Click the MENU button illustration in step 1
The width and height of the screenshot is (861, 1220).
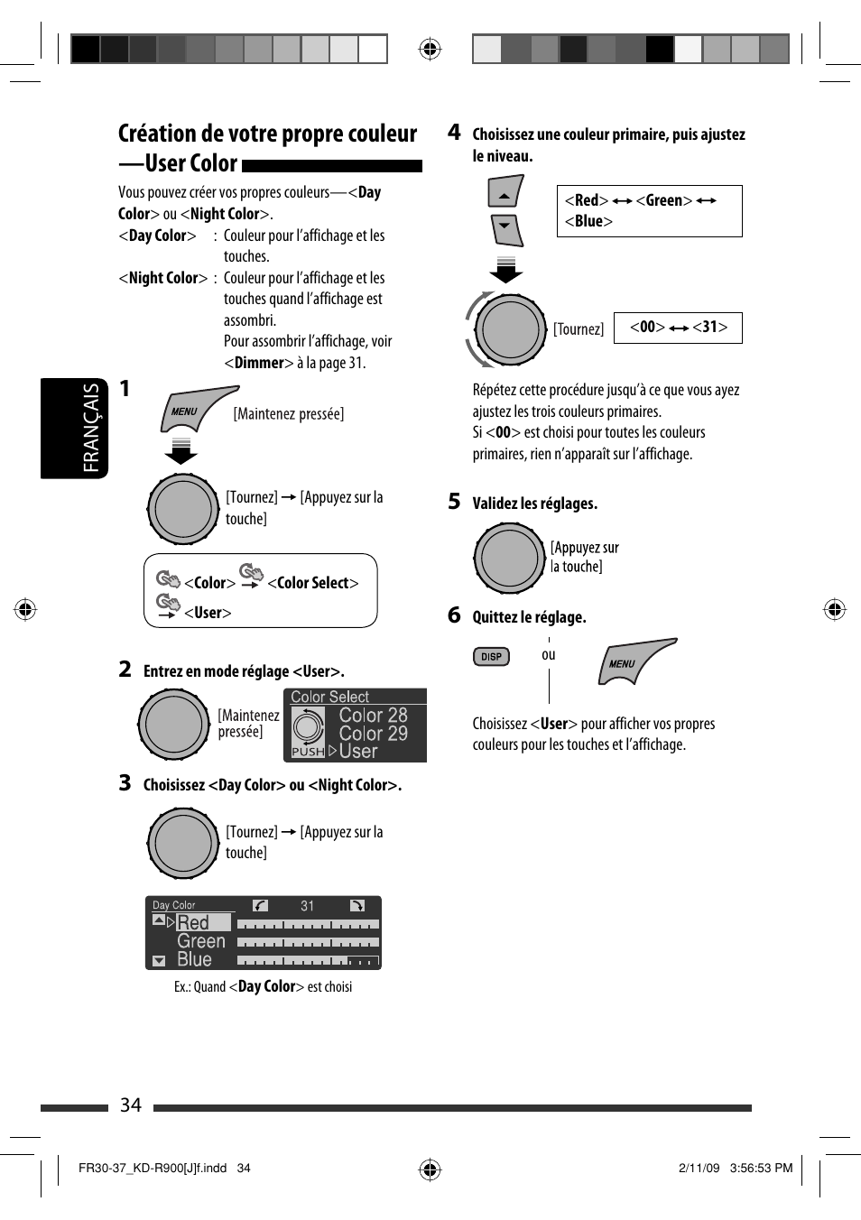[194, 410]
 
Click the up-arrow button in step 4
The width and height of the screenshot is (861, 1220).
[505, 193]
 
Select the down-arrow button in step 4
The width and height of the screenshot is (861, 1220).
[506, 229]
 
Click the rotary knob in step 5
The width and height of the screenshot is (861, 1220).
[510, 558]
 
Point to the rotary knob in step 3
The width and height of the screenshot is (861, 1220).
[183, 843]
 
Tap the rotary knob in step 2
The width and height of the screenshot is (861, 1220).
[173, 724]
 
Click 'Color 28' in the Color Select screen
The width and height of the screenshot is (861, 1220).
[373, 716]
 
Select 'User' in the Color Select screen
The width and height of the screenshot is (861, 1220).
[358, 752]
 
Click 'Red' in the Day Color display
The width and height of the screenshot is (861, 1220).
[193, 922]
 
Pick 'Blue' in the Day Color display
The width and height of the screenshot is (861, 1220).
[194, 959]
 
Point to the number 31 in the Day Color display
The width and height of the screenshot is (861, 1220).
[308, 906]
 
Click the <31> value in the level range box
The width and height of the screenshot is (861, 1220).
[710, 327]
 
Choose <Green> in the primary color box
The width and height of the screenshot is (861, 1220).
[664, 200]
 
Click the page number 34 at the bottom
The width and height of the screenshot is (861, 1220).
[131, 1105]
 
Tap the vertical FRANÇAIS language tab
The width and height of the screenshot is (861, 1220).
[91, 428]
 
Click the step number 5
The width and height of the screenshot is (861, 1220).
[454, 502]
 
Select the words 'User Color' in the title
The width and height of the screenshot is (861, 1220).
[191, 163]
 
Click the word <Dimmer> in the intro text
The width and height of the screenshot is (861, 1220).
[259, 363]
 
